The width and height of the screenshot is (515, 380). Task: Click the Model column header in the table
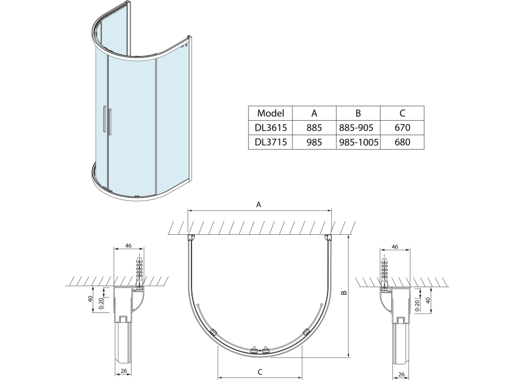[270, 113]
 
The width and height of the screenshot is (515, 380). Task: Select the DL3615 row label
[271, 127]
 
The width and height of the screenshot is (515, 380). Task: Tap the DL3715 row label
[271, 142]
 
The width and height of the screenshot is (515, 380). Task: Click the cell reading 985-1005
[359, 142]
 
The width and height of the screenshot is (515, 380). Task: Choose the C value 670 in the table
[402, 127]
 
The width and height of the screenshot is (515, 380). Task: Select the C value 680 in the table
[402, 142]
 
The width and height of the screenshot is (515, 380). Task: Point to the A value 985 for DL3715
[314, 142]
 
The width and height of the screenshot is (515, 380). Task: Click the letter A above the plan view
[259, 204]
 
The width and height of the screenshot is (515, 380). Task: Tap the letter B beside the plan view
[344, 292]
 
